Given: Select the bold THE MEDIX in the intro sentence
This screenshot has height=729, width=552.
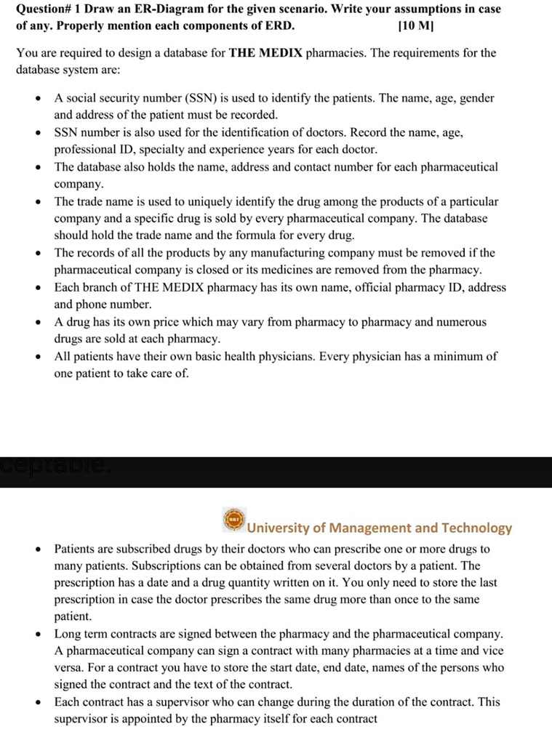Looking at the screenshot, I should [266, 54].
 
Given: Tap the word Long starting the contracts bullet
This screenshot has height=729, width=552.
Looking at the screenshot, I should [67, 635].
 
